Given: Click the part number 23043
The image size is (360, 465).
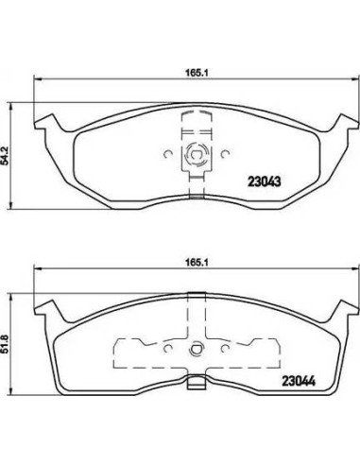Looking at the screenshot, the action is (265, 181).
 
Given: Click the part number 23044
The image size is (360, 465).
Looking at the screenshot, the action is (299, 382).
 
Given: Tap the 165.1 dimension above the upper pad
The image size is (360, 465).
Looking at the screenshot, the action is (196, 73).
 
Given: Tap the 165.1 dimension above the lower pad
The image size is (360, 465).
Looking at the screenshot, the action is (196, 262).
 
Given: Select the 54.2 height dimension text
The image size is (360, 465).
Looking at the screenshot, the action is (5, 156).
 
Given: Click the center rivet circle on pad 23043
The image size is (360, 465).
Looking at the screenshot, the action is (196, 154).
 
